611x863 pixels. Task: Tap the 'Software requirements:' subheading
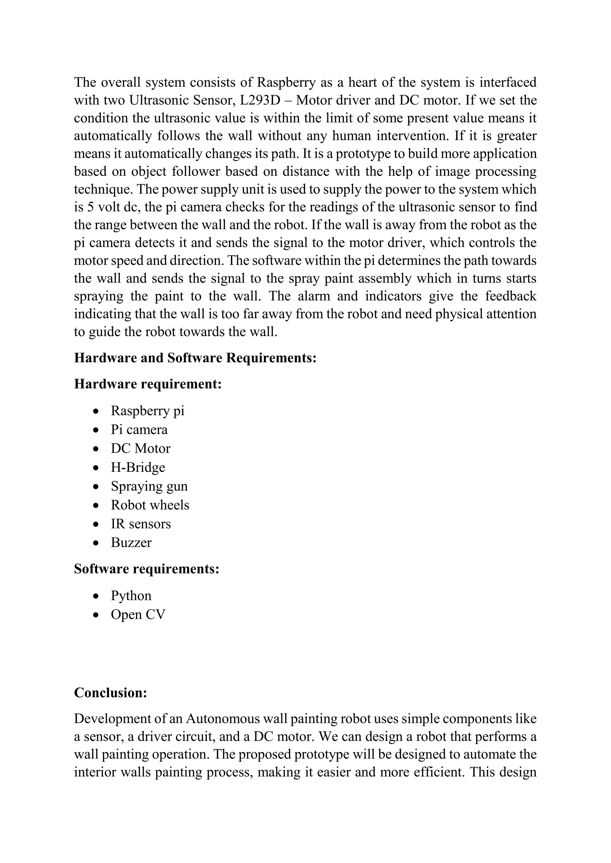(x=146, y=569)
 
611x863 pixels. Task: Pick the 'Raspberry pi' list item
(x=147, y=411)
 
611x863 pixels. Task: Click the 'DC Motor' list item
(x=140, y=448)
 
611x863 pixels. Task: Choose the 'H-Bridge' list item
(x=138, y=467)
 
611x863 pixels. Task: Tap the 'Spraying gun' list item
(x=149, y=486)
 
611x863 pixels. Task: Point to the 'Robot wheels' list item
(x=150, y=505)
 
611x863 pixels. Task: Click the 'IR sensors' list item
(x=141, y=524)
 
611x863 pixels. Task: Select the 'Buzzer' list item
(x=131, y=543)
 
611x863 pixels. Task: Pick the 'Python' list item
(x=131, y=596)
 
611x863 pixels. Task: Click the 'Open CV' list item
(x=138, y=614)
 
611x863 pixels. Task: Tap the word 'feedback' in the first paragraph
(x=510, y=296)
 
